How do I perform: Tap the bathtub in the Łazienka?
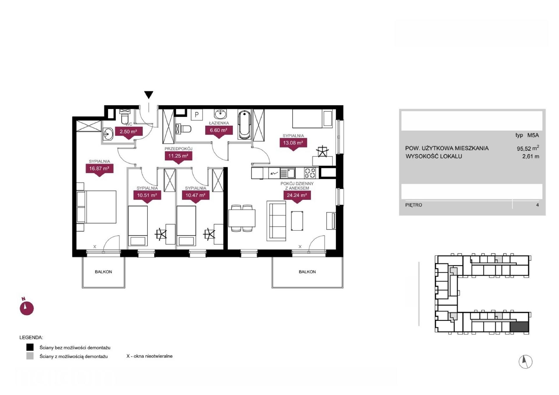click(x=245, y=125)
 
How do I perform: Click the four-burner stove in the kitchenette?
click(x=310, y=173)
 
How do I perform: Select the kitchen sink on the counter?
click(x=288, y=173)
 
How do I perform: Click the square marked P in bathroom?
click(x=197, y=115)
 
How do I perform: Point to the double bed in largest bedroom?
click(x=96, y=207)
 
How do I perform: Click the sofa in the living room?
click(x=276, y=221)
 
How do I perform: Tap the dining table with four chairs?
click(x=242, y=218)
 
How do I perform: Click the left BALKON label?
click(x=103, y=272)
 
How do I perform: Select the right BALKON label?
click(x=307, y=272)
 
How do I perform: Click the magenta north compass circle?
click(x=27, y=308)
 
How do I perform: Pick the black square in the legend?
click(x=30, y=347)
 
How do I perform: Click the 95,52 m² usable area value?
click(x=528, y=148)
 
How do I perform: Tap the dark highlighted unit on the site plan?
click(x=519, y=327)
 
